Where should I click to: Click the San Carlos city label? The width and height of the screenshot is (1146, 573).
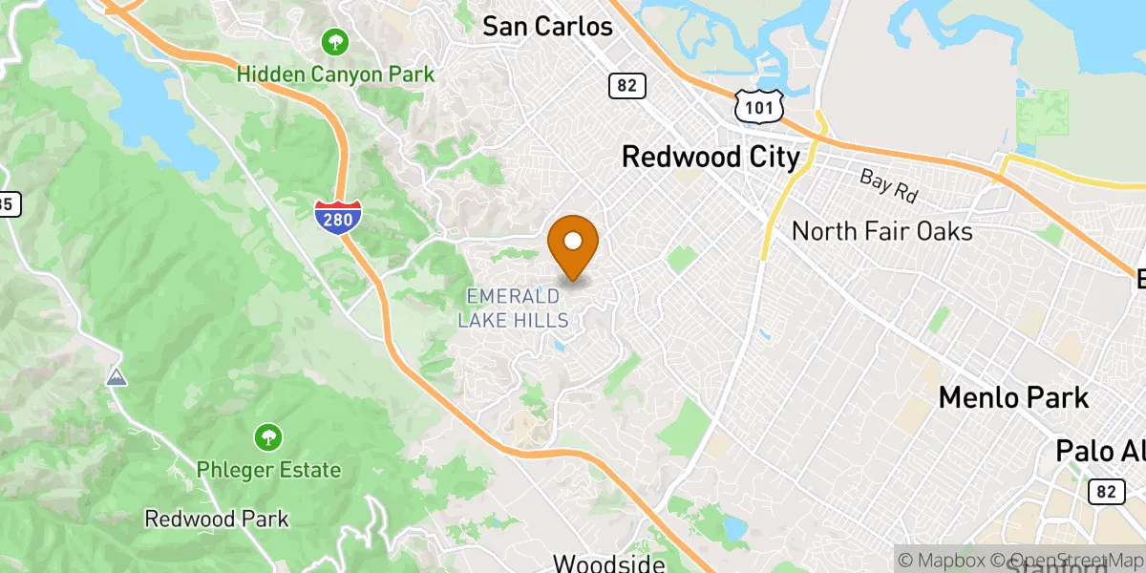pyautogui.click(x=547, y=26)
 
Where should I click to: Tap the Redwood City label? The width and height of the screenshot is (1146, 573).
pyautogui.click(x=711, y=157)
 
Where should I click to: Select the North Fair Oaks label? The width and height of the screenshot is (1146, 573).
pyautogui.click(x=881, y=231)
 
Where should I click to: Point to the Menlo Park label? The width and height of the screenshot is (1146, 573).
pyautogui.click(x=1013, y=396)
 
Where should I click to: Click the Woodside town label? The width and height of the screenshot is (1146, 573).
pyautogui.click(x=608, y=563)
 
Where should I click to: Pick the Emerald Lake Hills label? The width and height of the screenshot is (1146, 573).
pyautogui.click(x=514, y=308)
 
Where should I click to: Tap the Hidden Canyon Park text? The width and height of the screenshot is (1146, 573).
pyautogui.click(x=335, y=74)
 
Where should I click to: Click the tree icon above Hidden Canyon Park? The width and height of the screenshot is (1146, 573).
pyautogui.click(x=335, y=42)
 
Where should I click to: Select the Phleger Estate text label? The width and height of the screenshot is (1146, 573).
pyautogui.click(x=268, y=469)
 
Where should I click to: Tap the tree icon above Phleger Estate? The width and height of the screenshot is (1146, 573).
pyautogui.click(x=268, y=438)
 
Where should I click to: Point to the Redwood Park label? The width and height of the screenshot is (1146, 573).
pyautogui.click(x=217, y=519)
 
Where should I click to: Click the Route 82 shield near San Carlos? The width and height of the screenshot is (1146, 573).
pyautogui.click(x=626, y=86)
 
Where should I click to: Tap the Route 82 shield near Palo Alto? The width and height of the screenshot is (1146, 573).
pyautogui.click(x=1105, y=491)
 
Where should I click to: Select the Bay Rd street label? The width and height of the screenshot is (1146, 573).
pyautogui.click(x=888, y=184)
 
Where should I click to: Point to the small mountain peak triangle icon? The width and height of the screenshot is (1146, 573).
pyautogui.click(x=117, y=377)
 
